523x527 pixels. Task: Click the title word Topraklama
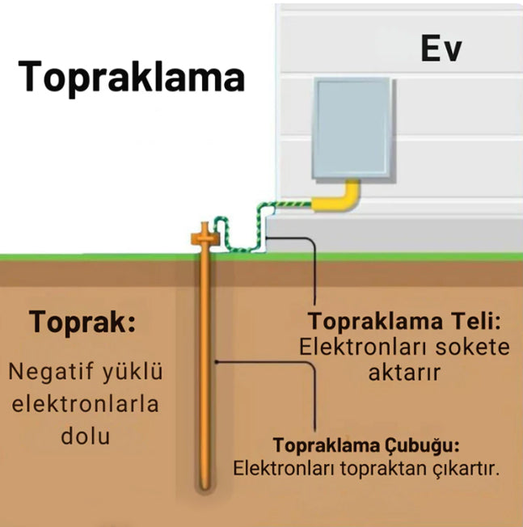coord(131,78)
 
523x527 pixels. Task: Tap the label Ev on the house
coord(441,49)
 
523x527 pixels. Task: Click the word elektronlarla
coord(86,404)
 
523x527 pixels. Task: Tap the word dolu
coord(86,436)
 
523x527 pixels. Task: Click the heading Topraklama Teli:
coord(404,322)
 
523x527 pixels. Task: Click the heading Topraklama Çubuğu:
coord(367,445)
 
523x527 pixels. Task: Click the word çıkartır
coord(464,468)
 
